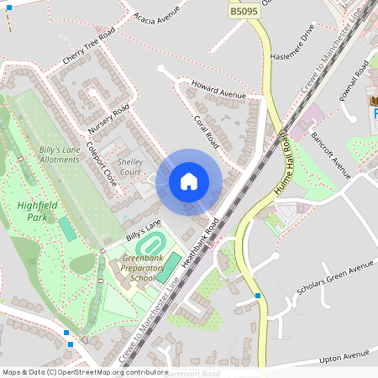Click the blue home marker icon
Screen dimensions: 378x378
click(x=189, y=181)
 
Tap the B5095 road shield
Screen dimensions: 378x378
click(x=244, y=11)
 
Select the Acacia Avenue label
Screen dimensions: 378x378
click(x=158, y=15)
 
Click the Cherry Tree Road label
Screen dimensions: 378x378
click(x=88, y=49)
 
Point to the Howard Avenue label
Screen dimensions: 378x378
click(x=218, y=91)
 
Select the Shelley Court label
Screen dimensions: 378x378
click(x=130, y=166)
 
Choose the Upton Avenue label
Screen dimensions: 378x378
click(x=344, y=359)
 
